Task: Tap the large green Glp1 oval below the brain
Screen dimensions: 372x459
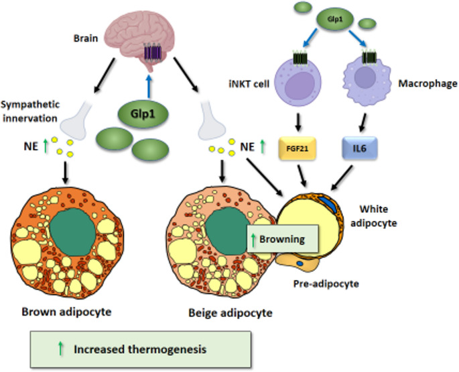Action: point(142,111)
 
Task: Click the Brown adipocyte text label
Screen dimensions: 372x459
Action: point(66,312)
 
